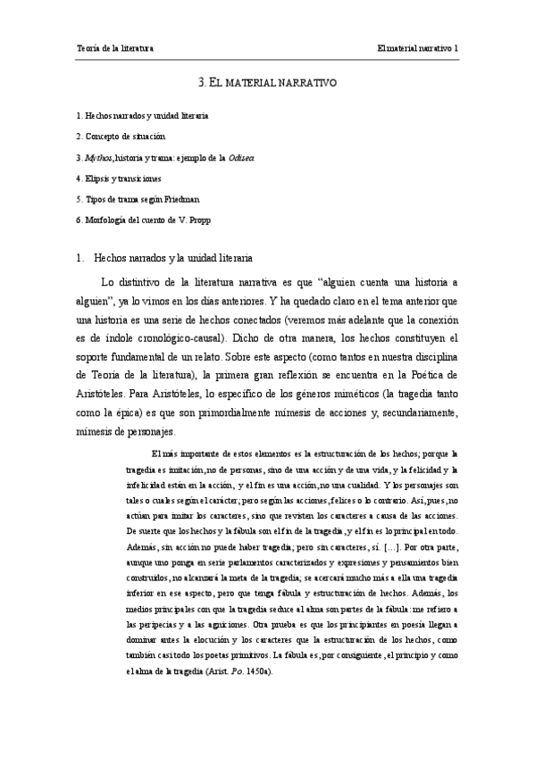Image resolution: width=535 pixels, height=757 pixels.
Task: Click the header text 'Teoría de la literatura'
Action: click(115, 46)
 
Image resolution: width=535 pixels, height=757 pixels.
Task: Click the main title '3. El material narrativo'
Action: click(266, 81)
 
